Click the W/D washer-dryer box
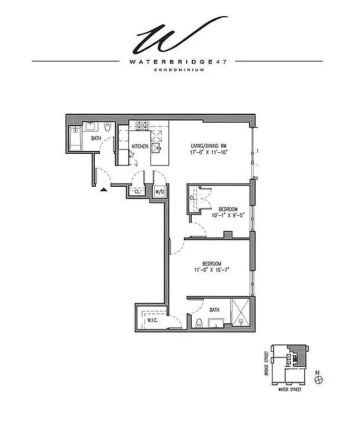pos(159,192)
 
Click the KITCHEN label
pos(139,147)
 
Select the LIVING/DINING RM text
pos(207,146)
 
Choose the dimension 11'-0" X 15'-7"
pos(212,269)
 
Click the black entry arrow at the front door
pos(103,190)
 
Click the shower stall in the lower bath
pos(241,316)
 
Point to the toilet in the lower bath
pos(199,322)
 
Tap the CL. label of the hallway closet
pos(137,191)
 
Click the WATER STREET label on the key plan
pos(290,389)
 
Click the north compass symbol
pos(318,379)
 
